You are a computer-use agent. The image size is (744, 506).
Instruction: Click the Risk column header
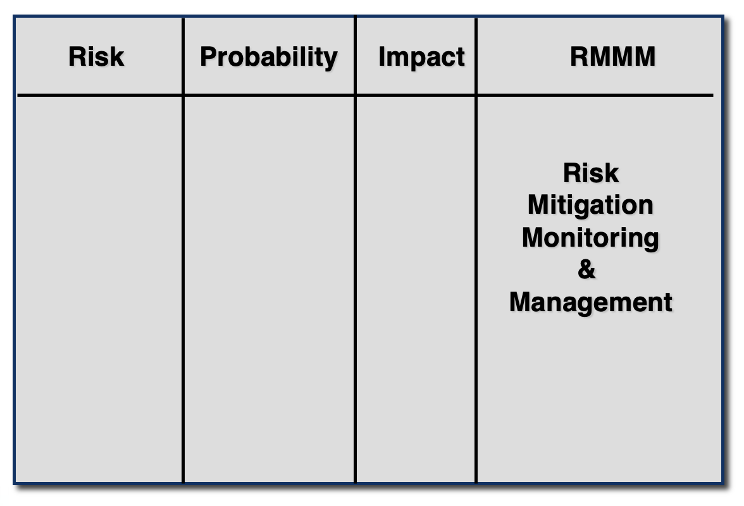(x=96, y=56)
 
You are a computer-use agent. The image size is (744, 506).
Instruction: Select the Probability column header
(x=268, y=58)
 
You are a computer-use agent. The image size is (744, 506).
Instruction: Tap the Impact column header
(x=421, y=58)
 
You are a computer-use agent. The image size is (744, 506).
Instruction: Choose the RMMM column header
(x=612, y=56)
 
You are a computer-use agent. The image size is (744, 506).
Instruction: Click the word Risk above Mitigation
(x=591, y=173)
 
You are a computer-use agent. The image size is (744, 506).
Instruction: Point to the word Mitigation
(x=590, y=206)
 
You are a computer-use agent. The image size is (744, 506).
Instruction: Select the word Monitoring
(x=590, y=238)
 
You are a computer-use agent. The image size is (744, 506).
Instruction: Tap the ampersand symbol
(x=586, y=269)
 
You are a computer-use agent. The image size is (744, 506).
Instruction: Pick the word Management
(x=591, y=302)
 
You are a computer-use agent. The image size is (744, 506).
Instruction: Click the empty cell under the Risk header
(x=99, y=289)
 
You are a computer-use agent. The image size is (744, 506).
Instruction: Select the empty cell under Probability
(x=268, y=289)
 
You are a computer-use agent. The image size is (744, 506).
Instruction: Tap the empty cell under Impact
(x=415, y=289)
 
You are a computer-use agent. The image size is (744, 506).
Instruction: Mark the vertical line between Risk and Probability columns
(x=183, y=250)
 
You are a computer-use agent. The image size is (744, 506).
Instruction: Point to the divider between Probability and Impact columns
(x=355, y=250)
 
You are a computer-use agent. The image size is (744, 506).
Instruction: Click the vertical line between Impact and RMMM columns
(x=476, y=250)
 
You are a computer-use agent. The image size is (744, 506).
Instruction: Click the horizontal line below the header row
(x=366, y=96)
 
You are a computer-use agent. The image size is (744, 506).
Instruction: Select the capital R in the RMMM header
(x=579, y=56)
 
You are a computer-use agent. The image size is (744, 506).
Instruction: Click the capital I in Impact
(x=381, y=56)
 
